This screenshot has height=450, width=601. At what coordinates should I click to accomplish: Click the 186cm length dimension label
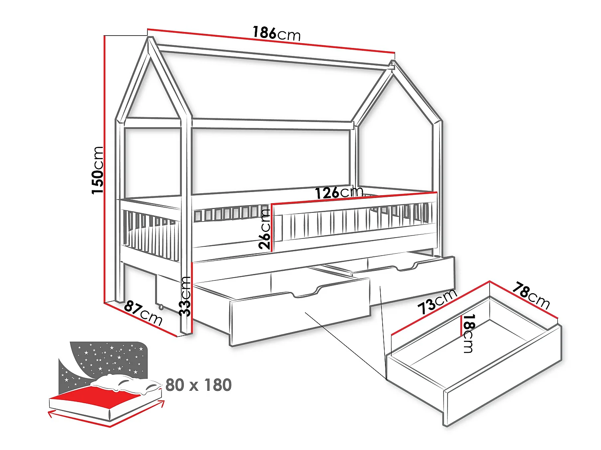276,33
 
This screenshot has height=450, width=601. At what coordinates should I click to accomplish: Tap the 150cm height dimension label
98,170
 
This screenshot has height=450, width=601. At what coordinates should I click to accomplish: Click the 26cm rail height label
264,229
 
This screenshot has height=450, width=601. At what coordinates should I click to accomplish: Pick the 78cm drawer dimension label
531,296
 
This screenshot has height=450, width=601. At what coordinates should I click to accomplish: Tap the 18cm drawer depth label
468,333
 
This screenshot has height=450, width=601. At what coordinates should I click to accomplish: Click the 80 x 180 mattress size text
198,385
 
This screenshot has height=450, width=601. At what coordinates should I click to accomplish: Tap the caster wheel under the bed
161,307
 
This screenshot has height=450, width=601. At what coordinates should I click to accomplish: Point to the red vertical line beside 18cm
462,326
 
